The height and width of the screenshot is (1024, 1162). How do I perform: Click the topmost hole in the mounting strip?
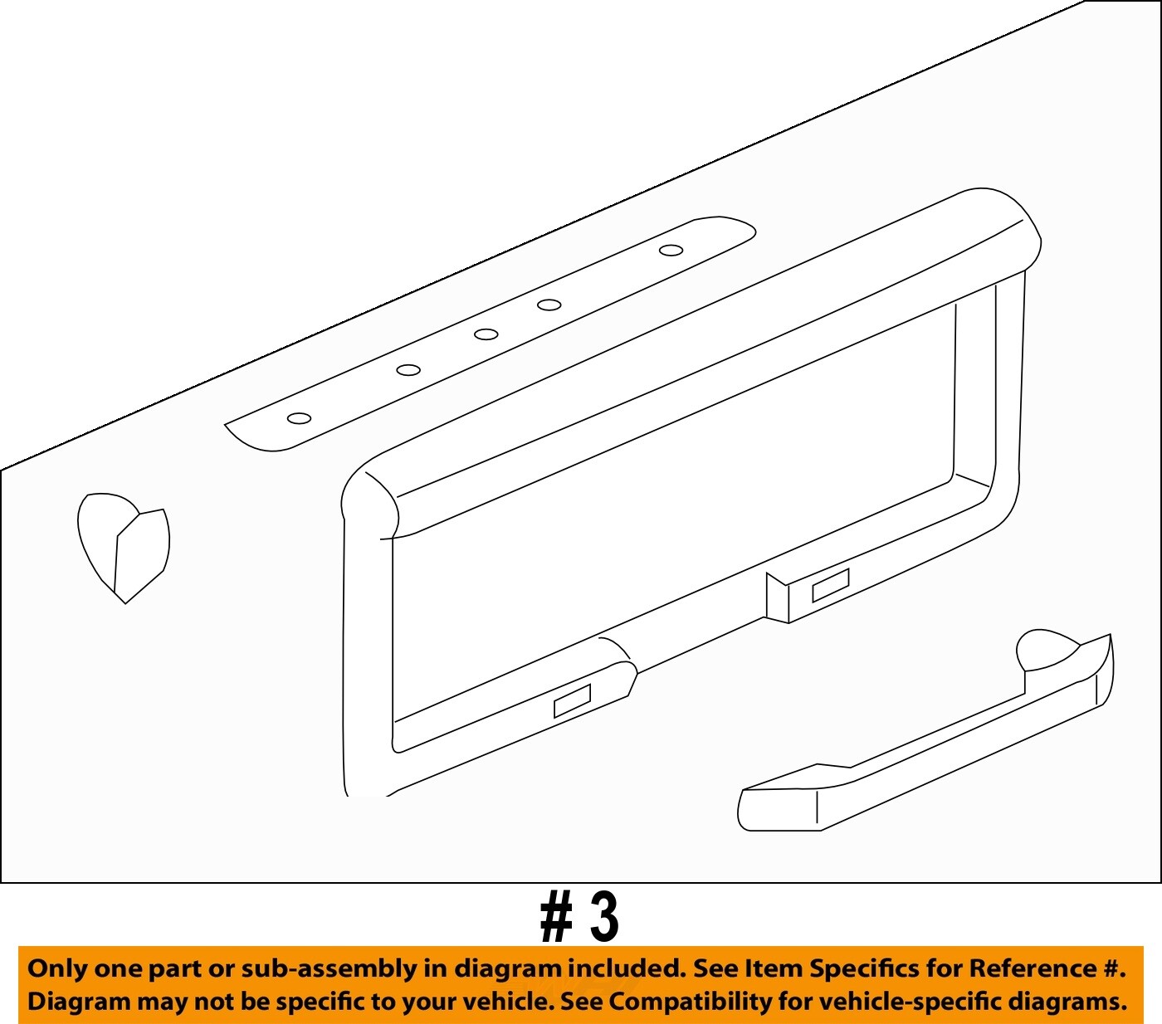(671, 250)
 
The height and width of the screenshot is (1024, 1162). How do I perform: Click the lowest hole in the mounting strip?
(299, 418)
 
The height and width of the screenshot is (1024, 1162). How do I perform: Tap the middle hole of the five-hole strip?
(486, 334)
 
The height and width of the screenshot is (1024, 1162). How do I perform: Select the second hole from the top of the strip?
(549, 305)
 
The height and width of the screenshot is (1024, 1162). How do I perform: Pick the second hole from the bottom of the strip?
(408, 370)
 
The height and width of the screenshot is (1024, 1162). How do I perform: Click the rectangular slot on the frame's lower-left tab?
(572, 700)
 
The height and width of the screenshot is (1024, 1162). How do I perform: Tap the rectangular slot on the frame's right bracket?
(830, 585)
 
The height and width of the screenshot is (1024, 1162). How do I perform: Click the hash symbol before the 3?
(556, 918)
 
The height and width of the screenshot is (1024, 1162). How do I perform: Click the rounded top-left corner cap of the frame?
(370, 498)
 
